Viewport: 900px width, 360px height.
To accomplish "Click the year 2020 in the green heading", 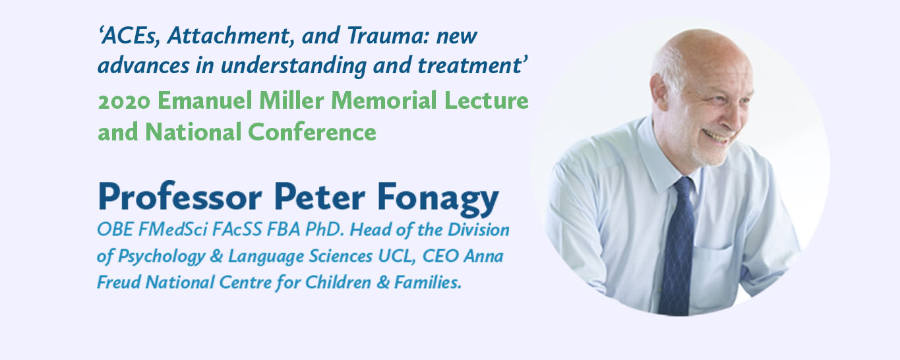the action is pyautogui.click(x=124, y=101).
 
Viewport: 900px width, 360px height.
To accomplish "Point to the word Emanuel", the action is pyautogui.click(x=205, y=100).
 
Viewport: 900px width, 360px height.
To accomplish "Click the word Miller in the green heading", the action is pyautogui.click(x=291, y=100).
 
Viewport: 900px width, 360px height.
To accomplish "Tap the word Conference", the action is pyautogui.click(x=312, y=132).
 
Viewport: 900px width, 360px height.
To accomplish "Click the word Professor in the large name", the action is pyautogui.click(x=180, y=197).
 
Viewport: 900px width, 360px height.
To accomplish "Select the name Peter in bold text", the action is pyautogui.click(x=320, y=197).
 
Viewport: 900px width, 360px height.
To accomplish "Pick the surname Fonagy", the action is pyautogui.click(x=438, y=200).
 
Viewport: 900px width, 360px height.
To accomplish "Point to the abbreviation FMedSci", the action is pyautogui.click(x=172, y=230).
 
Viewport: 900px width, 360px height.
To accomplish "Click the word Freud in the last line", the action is pyautogui.click(x=119, y=282).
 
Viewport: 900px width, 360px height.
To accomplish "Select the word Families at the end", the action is pyautogui.click(x=427, y=282).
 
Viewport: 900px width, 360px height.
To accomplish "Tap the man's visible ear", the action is pyautogui.click(x=661, y=93).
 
